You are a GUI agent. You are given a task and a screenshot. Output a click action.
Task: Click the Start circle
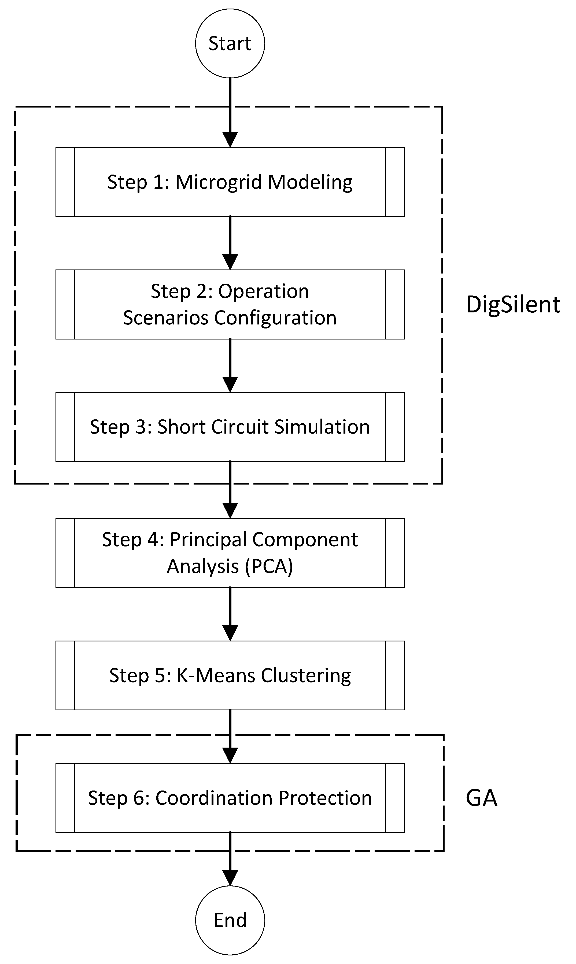coord(230,43)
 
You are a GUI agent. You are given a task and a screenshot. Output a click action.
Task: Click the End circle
coord(230,920)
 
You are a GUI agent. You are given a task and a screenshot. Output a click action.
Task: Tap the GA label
coord(481,798)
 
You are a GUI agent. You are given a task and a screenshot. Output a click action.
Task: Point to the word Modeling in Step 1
coord(310,182)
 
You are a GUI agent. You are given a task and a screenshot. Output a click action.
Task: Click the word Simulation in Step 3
coord(322,427)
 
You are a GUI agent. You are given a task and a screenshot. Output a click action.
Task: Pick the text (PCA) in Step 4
coord(269,566)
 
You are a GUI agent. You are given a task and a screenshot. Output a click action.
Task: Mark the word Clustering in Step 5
coord(306,676)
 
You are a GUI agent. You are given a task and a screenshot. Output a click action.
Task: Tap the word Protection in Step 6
coord(325,798)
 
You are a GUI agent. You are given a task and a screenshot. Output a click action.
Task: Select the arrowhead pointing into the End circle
coord(230,878)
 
